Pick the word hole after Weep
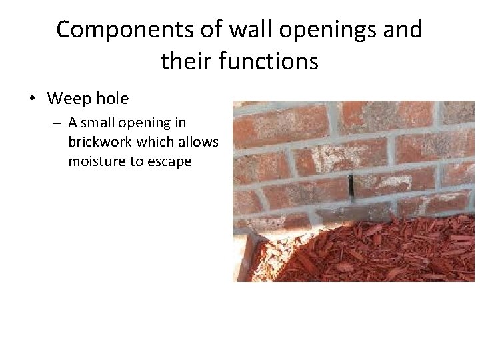(x=113, y=99)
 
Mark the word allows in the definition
(x=197, y=142)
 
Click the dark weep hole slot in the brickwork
(x=351, y=185)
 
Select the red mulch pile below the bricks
(x=373, y=250)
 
